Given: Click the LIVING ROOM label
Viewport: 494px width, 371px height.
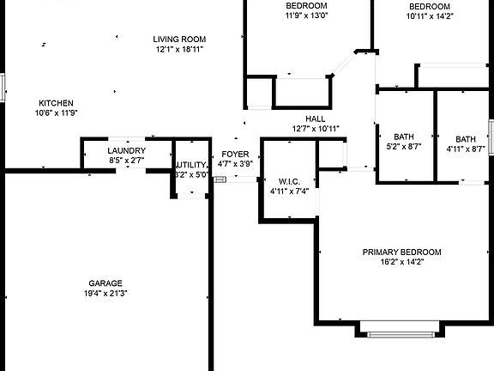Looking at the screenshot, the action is pos(179,40).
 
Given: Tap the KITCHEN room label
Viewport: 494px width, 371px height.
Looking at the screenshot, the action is pos(56,103).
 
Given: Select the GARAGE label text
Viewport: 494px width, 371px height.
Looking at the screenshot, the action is pos(105,283).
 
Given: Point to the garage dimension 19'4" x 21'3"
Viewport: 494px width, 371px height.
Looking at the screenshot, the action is pos(105,294).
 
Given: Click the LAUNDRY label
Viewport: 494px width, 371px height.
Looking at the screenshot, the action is pos(127,150).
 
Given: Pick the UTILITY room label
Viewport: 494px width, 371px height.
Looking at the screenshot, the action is pos(191,165).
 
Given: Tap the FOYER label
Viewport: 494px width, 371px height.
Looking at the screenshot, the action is pos(235,154).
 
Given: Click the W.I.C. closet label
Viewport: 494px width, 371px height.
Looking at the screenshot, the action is pos(289,181).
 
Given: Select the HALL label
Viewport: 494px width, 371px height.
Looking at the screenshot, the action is pos(316,119).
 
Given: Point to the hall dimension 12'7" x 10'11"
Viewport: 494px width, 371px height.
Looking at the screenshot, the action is pos(316,129).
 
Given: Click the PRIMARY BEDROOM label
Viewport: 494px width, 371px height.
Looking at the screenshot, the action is pos(401,252).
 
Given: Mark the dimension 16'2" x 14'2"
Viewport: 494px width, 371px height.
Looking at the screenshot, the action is pos(401,262).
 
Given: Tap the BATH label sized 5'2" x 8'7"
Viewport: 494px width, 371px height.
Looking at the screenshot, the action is pos(404,137).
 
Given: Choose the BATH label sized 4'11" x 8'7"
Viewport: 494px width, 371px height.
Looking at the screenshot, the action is pos(466,139).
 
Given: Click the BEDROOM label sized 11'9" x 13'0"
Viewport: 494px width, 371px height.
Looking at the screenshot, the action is pos(306,6).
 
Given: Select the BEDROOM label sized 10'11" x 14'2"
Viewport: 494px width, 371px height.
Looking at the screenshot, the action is pos(430,6).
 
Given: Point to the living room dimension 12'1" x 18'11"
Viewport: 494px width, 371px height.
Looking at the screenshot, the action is pos(179,49).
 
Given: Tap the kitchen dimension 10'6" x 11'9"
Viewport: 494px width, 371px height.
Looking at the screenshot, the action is pos(56,113).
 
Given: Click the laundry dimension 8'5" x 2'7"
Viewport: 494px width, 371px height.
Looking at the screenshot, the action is pos(127,161).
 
